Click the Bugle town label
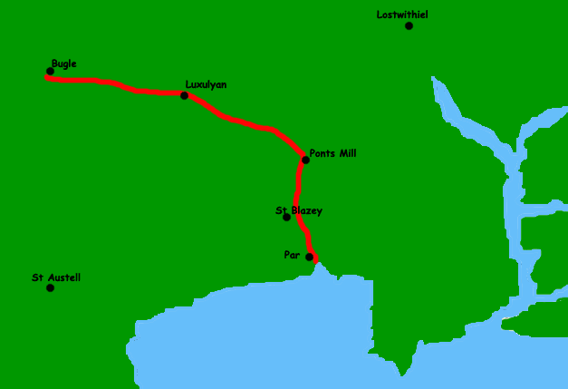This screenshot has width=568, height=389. [x=63, y=63]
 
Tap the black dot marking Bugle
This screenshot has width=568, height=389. [x=50, y=72]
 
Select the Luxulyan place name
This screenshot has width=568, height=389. [x=206, y=84]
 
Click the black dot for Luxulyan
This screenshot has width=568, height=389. [x=184, y=95]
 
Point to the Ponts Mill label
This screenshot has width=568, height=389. [x=332, y=153]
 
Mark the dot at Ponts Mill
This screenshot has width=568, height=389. [x=305, y=160]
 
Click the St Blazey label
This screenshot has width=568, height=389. [x=299, y=210]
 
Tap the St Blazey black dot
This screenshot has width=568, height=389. [x=286, y=217]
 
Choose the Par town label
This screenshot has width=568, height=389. [x=292, y=255]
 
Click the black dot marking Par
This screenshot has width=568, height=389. [x=310, y=258]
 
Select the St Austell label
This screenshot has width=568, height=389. [x=56, y=277]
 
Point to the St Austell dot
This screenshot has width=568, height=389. [x=50, y=288]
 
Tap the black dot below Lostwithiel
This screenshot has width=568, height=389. [x=409, y=25]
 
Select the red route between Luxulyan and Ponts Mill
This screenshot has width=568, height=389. [x=245, y=122]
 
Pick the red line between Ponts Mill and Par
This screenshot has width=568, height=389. [x=297, y=195]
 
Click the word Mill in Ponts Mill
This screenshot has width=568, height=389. [x=346, y=153]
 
